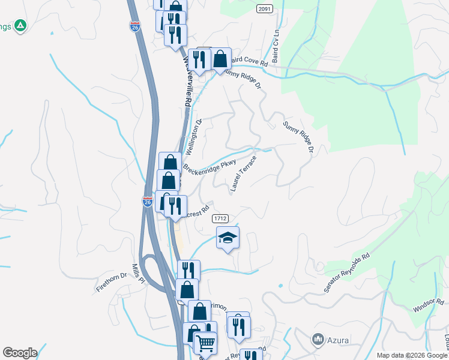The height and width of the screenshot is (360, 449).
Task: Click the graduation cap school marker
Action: point(228,238)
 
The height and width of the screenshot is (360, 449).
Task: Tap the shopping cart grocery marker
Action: point(205,344)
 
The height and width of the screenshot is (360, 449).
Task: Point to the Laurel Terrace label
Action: point(244,174)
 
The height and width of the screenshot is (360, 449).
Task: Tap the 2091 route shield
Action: point(264,9)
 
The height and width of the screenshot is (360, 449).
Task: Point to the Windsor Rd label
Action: point(428,305)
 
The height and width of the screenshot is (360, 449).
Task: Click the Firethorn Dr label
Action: point(112,282)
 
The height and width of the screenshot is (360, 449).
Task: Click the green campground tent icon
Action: point(21,25)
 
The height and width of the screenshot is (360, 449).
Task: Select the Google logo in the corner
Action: point(20,353)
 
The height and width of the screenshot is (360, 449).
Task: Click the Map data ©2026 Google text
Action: point(411,355)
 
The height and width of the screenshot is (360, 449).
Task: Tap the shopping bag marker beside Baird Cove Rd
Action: point(221,60)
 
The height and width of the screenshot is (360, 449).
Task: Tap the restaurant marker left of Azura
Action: point(239,328)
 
